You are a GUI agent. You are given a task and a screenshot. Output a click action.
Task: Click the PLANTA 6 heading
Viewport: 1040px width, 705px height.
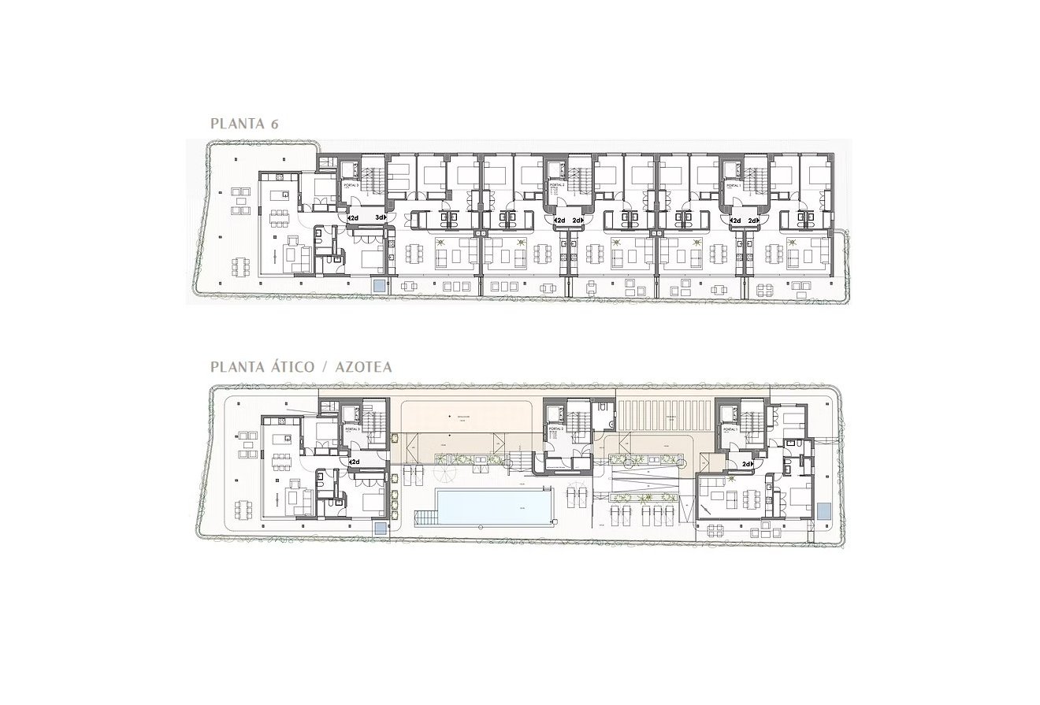coord(244,124)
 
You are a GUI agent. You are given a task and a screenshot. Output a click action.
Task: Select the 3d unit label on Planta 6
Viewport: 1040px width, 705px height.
coord(381,218)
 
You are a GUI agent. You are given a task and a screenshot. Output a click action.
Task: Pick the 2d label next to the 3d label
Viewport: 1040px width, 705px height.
coord(353,218)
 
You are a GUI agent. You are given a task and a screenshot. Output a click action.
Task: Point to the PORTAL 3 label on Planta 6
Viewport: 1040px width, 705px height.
coord(351,186)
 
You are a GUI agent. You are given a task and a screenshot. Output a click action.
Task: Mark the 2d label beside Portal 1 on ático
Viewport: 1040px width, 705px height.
coord(746,464)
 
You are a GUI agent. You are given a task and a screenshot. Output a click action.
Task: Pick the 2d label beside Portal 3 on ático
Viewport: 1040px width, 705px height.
coord(355,462)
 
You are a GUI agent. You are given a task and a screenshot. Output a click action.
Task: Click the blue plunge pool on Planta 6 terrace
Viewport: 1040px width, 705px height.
coord(380,285)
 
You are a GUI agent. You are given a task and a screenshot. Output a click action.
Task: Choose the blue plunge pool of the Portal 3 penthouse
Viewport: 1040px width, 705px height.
coord(380,529)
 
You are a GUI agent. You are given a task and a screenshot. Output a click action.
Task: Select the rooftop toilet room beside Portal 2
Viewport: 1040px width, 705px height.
coord(603,410)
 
